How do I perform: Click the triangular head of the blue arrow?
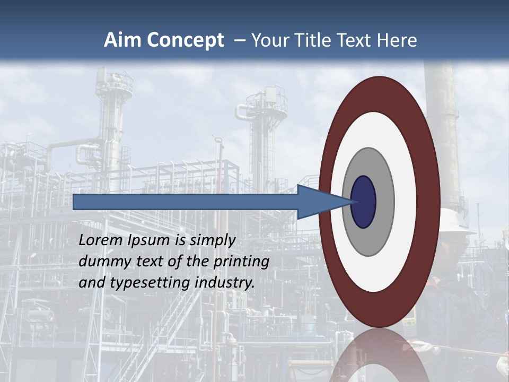point(323,202)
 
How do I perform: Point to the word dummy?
point(101,262)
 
